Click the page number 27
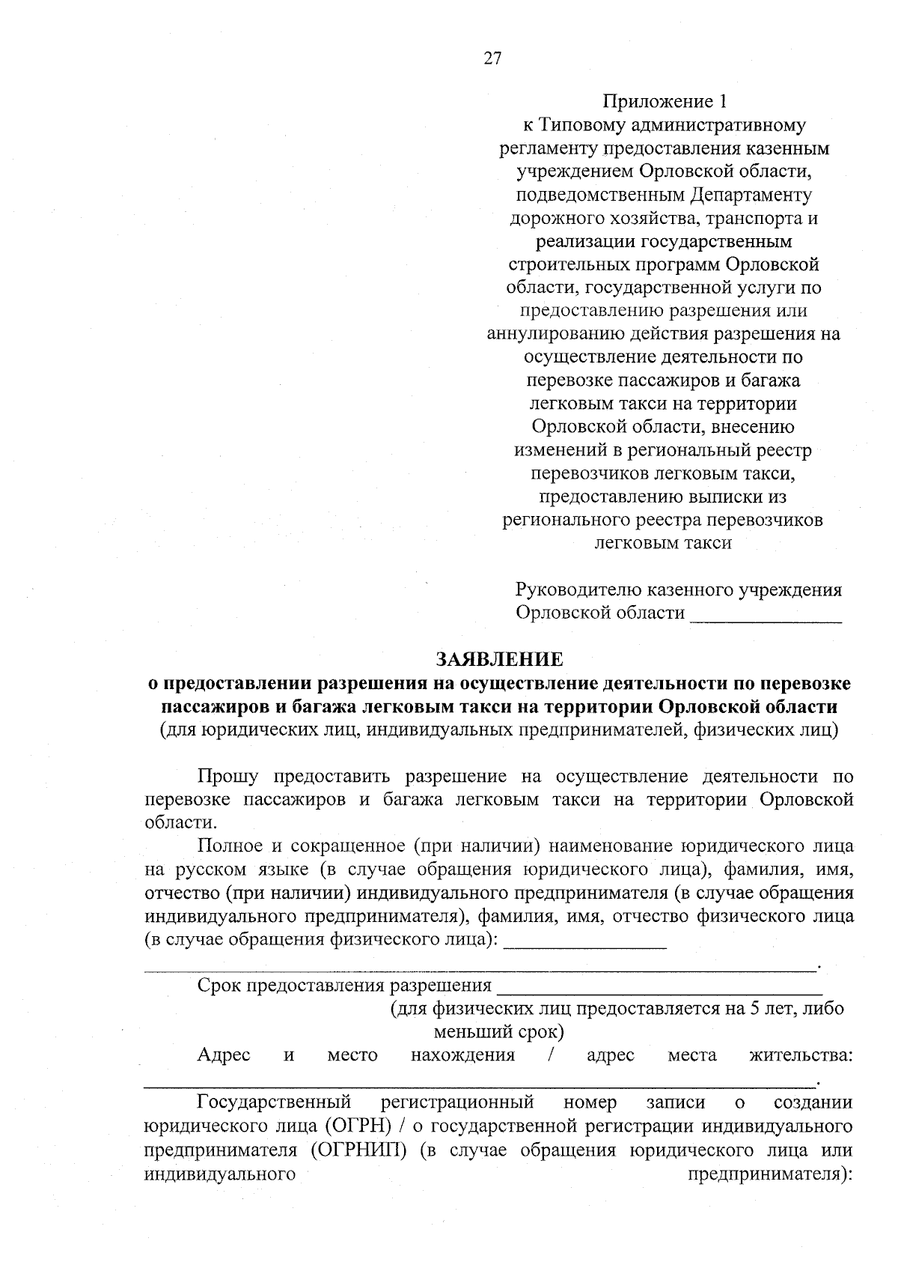click(492, 59)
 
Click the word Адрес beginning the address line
click(223, 1055)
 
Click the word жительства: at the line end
click(801, 1055)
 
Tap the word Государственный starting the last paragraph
click(274, 1102)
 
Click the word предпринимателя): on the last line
click(770, 1174)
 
